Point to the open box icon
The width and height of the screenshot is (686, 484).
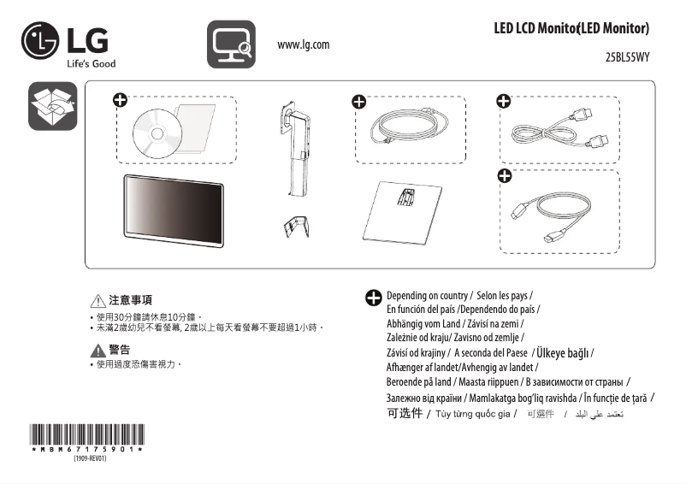(52, 106)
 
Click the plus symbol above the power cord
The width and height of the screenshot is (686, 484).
(359, 102)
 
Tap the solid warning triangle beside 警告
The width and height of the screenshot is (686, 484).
(98, 351)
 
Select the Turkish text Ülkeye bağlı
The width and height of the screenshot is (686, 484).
(564, 353)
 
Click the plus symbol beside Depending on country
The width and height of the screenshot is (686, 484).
(374, 298)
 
